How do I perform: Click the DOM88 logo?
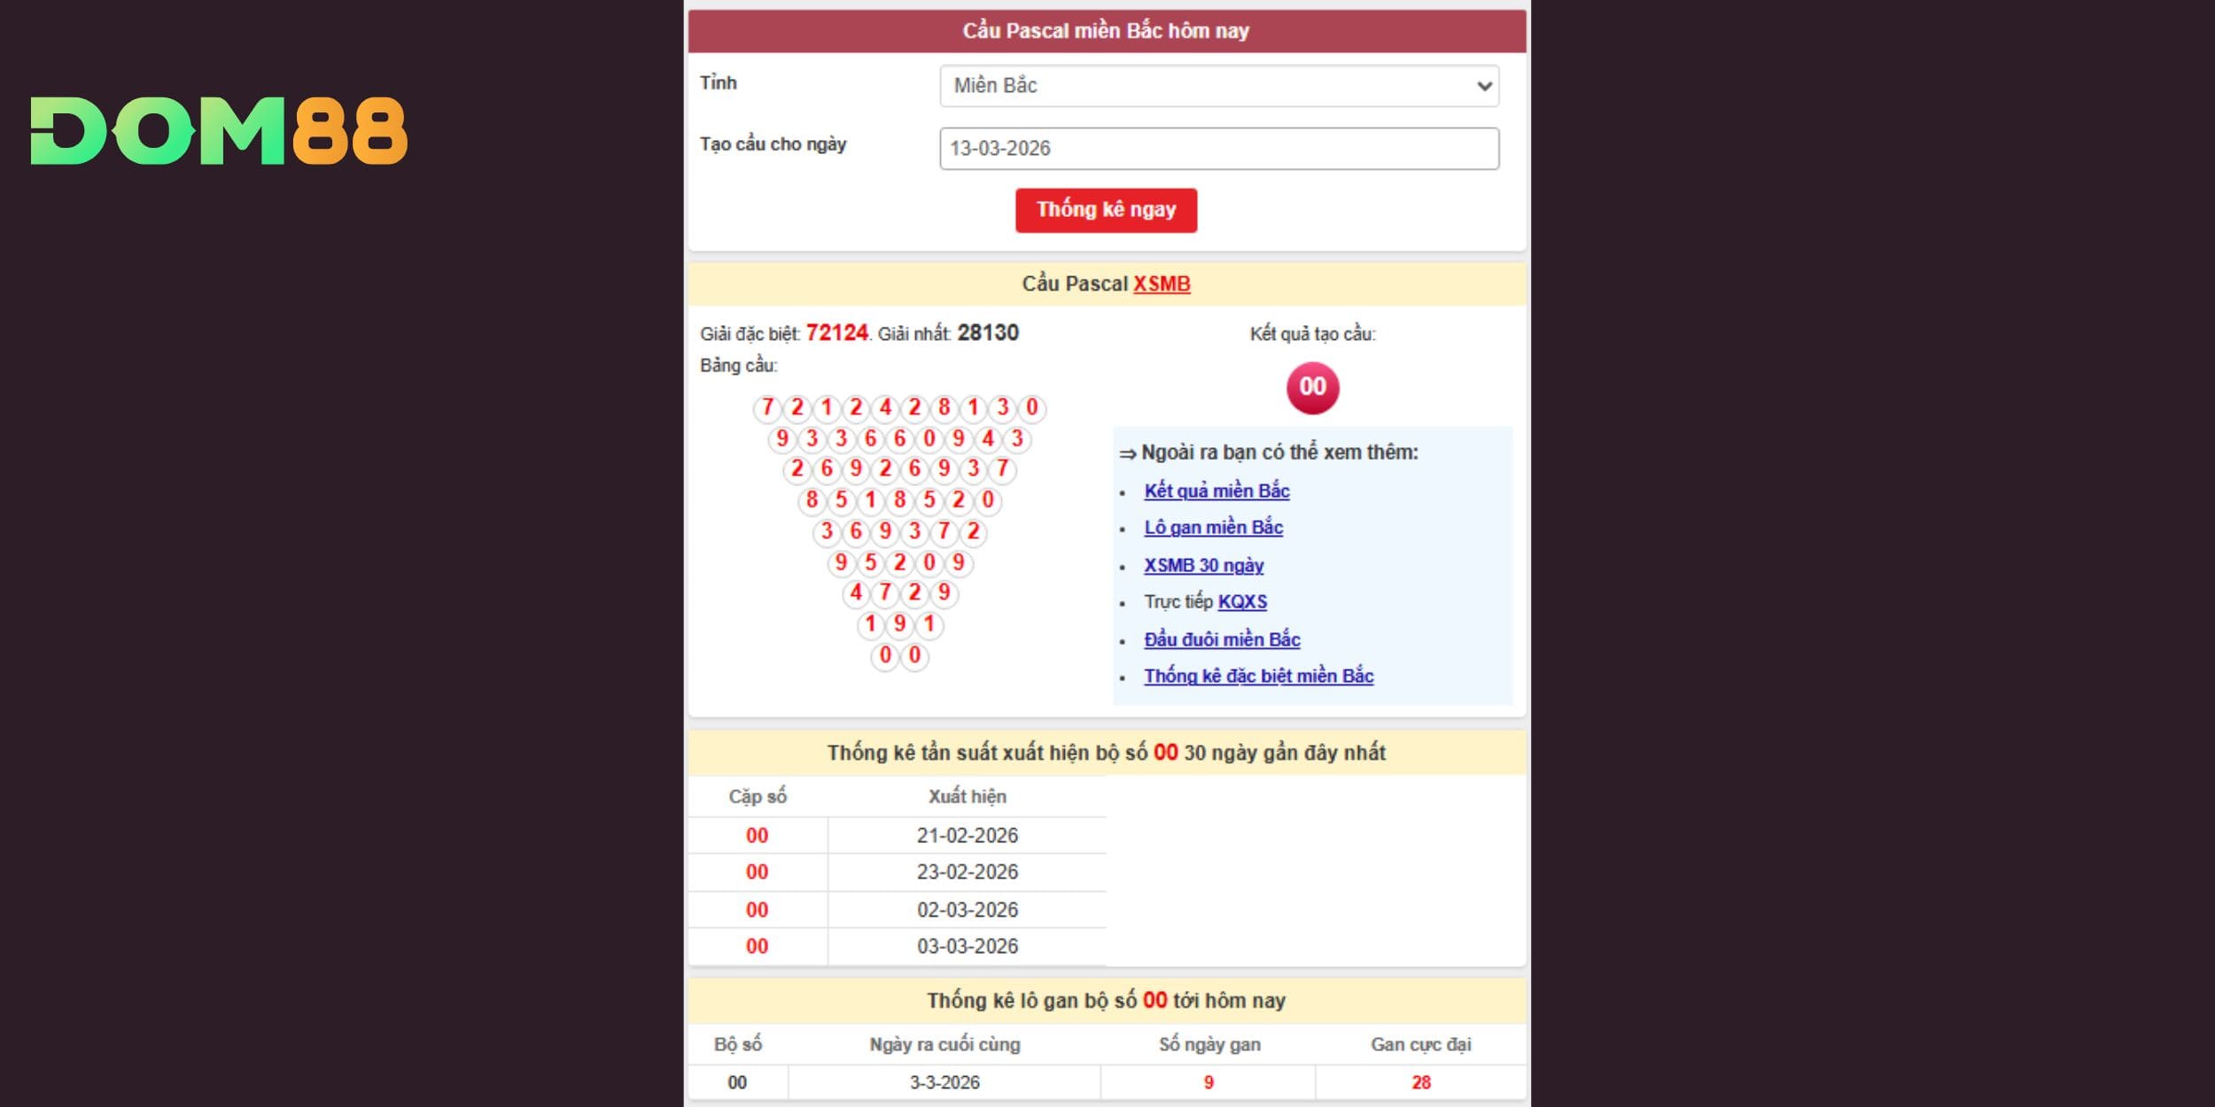(x=219, y=131)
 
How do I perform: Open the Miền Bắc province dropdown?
(x=1218, y=86)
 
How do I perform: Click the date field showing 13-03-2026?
(x=1218, y=148)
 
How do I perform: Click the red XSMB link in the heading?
(x=1162, y=283)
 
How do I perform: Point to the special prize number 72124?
(x=836, y=333)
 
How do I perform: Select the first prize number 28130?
(x=988, y=333)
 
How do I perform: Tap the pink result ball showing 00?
(x=1312, y=387)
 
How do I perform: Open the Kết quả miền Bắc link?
(x=1216, y=491)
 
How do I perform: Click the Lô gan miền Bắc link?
(x=1213, y=528)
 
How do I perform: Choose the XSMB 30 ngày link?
(x=1203, y=565)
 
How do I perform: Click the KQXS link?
(x=1242, y=602)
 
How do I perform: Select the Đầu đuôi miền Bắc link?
(x=1222, y=639)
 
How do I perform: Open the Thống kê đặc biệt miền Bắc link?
(x=1258, y=677)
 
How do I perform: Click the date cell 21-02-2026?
(x=967, y=835)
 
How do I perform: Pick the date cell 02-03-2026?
(x=967, y=910)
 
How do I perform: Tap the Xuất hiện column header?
(x=967, y=796)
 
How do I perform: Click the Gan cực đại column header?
(x=1420, y=1044)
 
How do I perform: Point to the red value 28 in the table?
(x=1420, y=1082)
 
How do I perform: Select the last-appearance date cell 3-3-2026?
(x=944, y=1082)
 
